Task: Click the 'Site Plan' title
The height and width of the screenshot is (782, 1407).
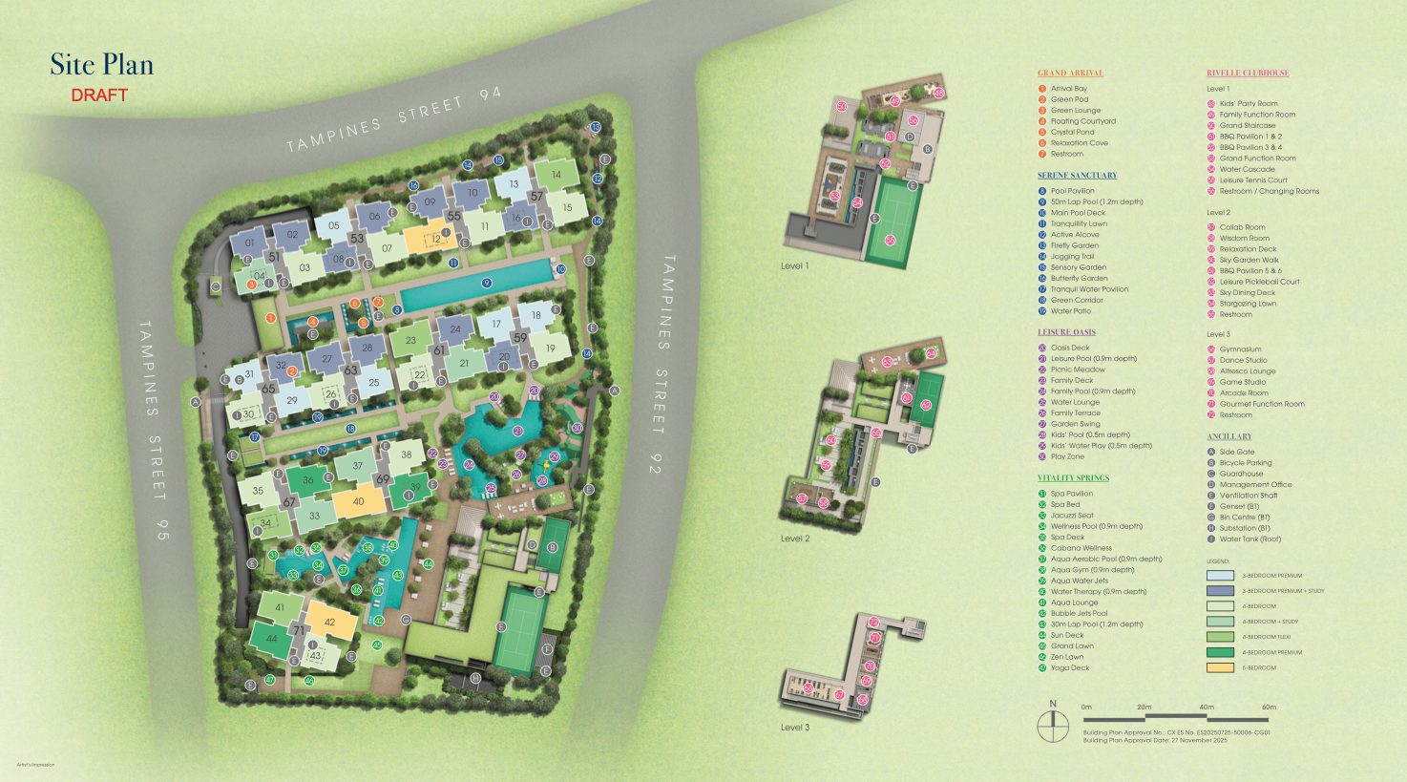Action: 101,65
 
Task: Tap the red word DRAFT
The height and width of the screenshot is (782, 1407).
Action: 99,95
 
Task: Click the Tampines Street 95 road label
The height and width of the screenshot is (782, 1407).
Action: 153,410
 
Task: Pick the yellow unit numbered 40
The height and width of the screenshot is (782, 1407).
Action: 359,501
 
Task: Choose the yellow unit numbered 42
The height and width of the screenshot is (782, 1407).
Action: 330,622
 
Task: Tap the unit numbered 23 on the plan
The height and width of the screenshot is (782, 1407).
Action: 410,340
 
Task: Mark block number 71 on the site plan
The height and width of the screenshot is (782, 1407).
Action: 299,631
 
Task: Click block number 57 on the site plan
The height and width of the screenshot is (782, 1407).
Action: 536,197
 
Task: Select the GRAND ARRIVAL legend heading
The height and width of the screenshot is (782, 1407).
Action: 1070,73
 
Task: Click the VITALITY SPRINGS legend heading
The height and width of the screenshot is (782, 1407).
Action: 1073,477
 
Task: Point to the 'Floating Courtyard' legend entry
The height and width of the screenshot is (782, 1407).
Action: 1082,121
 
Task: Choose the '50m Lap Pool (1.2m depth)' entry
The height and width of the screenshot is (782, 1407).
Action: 1096,201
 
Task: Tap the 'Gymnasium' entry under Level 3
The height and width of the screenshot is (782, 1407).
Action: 1240,349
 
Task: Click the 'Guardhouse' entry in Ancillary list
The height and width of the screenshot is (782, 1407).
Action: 1241,474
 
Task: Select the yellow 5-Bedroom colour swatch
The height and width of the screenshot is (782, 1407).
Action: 1220,667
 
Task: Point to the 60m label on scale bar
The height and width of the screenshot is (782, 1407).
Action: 1269,708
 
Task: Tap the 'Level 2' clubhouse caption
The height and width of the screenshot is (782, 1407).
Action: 794,539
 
